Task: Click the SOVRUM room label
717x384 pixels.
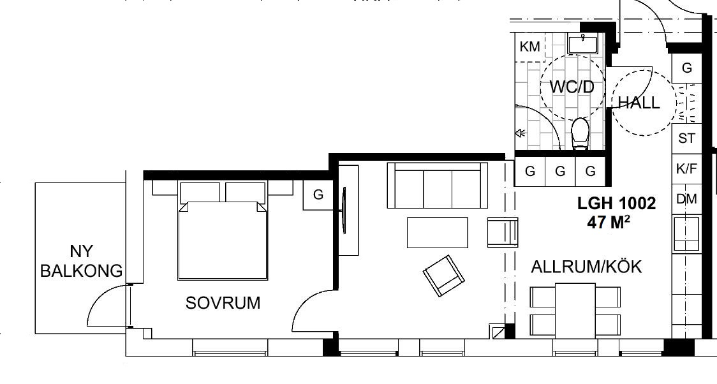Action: [x=223, y=302]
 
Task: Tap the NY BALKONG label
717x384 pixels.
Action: [x=82, y=261]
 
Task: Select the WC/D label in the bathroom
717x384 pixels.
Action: [x=572, y=87]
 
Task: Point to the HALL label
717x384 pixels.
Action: [x=639, y=103]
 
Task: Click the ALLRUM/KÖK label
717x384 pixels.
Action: [x=586, y=267]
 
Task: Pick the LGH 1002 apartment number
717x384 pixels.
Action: [x=616, y=203]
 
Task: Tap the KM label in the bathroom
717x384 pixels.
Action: [x=530, y=47]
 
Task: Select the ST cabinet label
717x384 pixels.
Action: [x=686, y=138]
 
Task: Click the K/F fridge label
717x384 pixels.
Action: [x=686, y=168]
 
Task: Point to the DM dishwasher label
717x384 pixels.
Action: [x=686, y=199]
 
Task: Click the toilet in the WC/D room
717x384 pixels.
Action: [x=580, y=133]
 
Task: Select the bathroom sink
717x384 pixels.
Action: [x=583, y=43]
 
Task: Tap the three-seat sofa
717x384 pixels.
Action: [x=437, y=185]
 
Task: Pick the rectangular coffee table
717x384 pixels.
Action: [x=437, y=233]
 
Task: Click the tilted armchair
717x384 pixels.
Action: [x=443, y=276]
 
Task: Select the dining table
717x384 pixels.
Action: [x=575, y=311]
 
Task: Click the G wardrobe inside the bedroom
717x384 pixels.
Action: [x=318, y=195]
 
